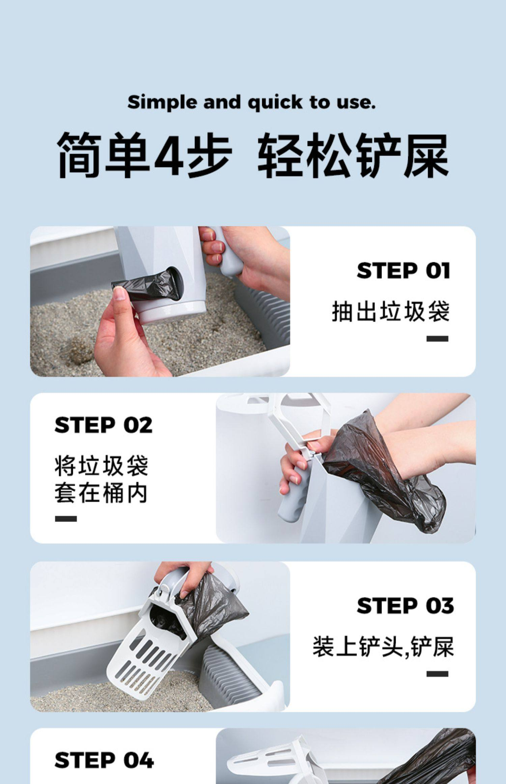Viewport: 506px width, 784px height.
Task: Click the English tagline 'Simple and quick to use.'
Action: (x=251, y=103)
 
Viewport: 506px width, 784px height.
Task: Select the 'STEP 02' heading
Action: (x=103, y=425)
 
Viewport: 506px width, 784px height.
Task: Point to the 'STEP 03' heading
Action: (x=405, y=606)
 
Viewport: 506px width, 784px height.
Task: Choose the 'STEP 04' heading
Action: (x=104, y=760)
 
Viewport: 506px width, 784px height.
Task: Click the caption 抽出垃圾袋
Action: (x=391, y=311)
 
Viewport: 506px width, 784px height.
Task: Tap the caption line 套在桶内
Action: (x=101, y=494)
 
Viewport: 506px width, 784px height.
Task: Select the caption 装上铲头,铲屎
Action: (x=383, y=647)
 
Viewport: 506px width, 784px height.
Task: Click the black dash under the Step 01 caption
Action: (x=437, y=339)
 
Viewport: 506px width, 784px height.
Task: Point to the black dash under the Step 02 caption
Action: (x=66, y=519)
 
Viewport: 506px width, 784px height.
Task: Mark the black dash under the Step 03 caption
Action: (x=437, y=674)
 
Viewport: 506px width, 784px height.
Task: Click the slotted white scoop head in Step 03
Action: (x=148, y=658)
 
